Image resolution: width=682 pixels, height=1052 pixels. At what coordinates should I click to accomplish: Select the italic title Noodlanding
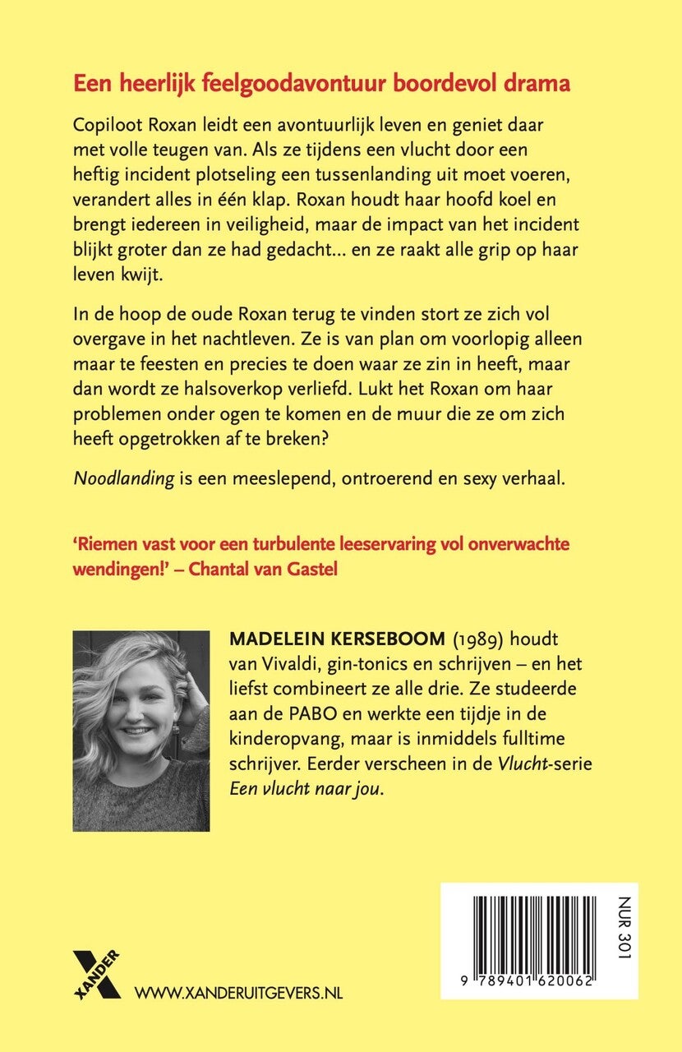(x=123, y=479)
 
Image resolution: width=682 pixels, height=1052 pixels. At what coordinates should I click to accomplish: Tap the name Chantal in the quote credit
(x=219, y=569)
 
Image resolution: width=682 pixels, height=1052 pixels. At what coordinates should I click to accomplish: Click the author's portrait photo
(x=141, y=731)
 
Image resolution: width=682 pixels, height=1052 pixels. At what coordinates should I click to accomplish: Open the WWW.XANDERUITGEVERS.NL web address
(x=238, y=993)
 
